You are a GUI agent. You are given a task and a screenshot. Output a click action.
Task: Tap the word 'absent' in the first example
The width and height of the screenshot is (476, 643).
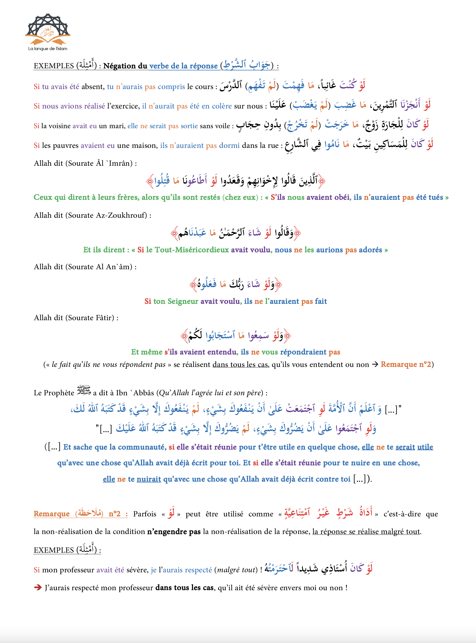(x=92, y=87)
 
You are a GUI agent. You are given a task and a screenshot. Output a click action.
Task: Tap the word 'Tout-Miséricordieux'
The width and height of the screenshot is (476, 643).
(x=192, y=250)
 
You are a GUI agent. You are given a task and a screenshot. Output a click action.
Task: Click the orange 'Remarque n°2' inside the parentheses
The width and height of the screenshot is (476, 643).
(x=406, y=364)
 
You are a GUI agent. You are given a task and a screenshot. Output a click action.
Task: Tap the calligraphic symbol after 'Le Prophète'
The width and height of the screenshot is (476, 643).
(x=84, y=391)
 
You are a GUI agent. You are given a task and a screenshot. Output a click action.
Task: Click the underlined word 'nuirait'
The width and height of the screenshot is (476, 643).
(x=149, y=479)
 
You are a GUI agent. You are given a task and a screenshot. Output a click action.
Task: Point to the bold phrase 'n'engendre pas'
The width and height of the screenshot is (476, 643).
(x=174, y=531)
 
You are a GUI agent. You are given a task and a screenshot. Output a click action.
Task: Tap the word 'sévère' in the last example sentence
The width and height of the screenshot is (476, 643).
(x=137, y=570)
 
